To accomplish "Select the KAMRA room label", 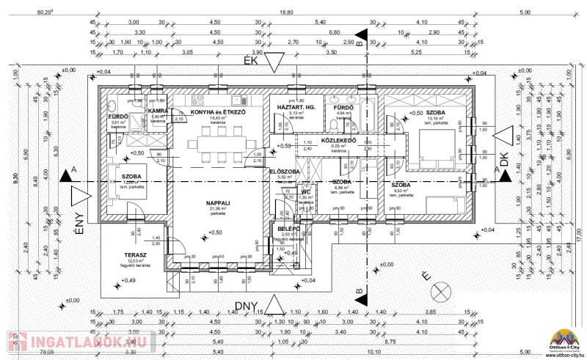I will tap(159, 111).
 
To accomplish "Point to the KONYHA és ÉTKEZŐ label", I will tap(218, 111).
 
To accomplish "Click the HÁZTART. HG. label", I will tap(296, 107).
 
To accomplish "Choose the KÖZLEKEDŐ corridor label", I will tap(340, 140).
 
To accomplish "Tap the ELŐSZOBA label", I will tap(285, 171).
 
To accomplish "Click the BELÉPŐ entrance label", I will tap(287, 228).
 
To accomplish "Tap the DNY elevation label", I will tap(249, 305).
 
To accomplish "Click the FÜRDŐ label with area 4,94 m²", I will tap(343, 107).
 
